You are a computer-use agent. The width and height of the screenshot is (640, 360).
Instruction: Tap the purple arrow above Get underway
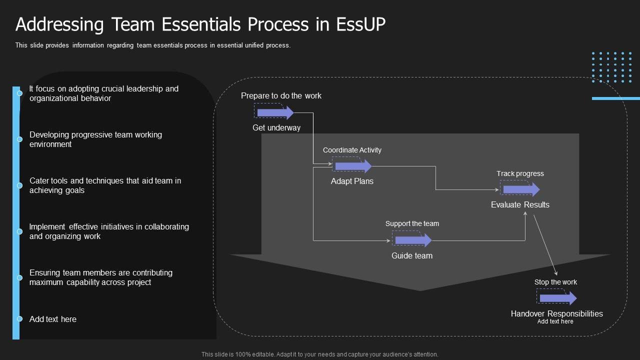275,112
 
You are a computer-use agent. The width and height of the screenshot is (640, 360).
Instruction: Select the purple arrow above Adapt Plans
353,166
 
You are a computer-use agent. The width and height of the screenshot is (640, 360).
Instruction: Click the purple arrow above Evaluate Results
521,189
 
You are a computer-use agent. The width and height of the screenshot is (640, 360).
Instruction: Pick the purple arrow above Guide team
413,240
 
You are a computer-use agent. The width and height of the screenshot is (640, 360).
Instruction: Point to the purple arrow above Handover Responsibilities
557,298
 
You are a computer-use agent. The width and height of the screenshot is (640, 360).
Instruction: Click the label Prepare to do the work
281,95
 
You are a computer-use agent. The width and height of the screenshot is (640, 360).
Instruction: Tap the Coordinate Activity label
352,150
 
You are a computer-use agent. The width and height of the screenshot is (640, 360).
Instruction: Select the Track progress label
520,173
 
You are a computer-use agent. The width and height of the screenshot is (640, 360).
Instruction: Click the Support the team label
412,223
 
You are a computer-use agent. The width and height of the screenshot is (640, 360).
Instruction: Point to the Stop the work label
555,282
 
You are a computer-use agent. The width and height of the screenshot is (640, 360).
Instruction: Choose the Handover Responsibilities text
556,313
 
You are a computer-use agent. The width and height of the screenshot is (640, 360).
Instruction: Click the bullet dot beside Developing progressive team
19,139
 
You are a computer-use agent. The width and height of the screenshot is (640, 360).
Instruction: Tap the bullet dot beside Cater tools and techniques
19,185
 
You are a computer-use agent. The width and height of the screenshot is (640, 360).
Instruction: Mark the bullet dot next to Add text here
19,319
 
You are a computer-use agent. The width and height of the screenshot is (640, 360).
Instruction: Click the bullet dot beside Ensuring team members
19,277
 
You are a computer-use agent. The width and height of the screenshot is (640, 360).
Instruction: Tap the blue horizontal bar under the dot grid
615,98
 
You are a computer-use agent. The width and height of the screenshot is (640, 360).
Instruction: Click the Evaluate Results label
520,204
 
